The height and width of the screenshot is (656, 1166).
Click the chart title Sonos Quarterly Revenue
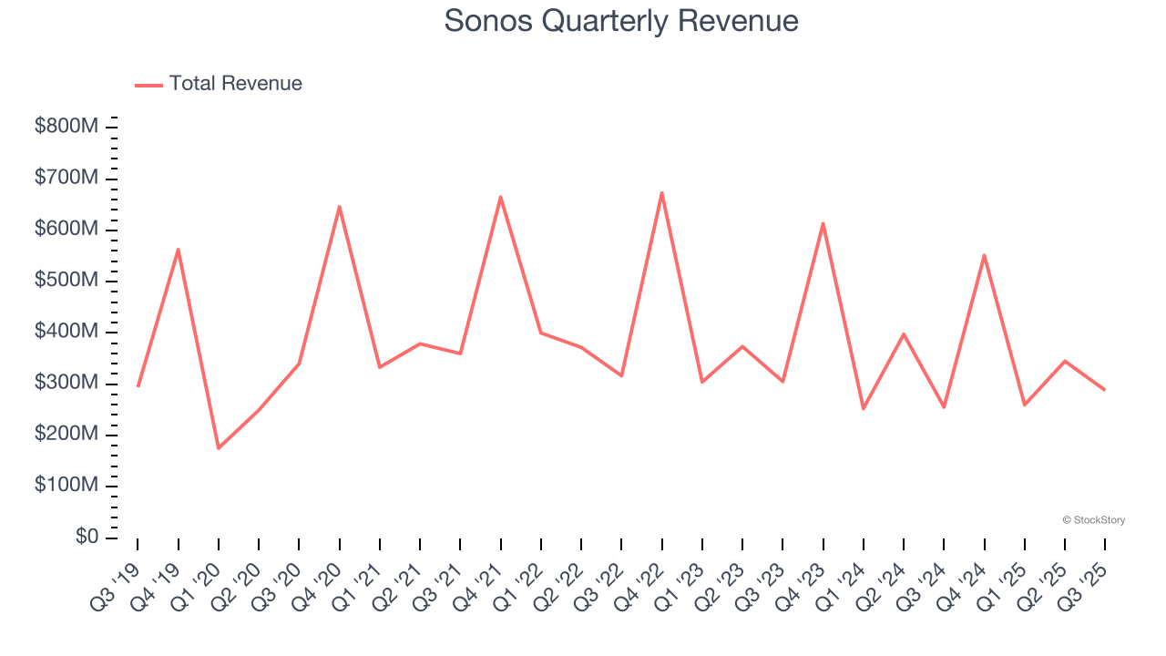(621, 21)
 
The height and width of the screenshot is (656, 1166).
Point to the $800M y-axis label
(66, 127)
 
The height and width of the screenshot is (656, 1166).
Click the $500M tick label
(66, 281)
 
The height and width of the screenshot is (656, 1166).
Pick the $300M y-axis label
(66, 384)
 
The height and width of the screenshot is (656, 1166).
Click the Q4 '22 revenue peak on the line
(662, 192)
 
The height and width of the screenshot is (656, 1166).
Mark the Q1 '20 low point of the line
(219, 448)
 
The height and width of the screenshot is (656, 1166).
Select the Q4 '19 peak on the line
(179, 249)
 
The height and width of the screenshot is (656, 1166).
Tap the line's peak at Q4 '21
(500, 197)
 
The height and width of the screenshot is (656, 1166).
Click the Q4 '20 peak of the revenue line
(339, 207)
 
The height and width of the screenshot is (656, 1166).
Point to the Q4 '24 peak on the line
(985, 255)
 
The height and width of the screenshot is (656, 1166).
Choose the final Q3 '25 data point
(1105, 390)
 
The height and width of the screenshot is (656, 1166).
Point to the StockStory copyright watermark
(1093, 520)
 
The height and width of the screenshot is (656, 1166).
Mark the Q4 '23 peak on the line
(823, 223)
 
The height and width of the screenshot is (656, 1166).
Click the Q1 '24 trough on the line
(863, 408)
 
